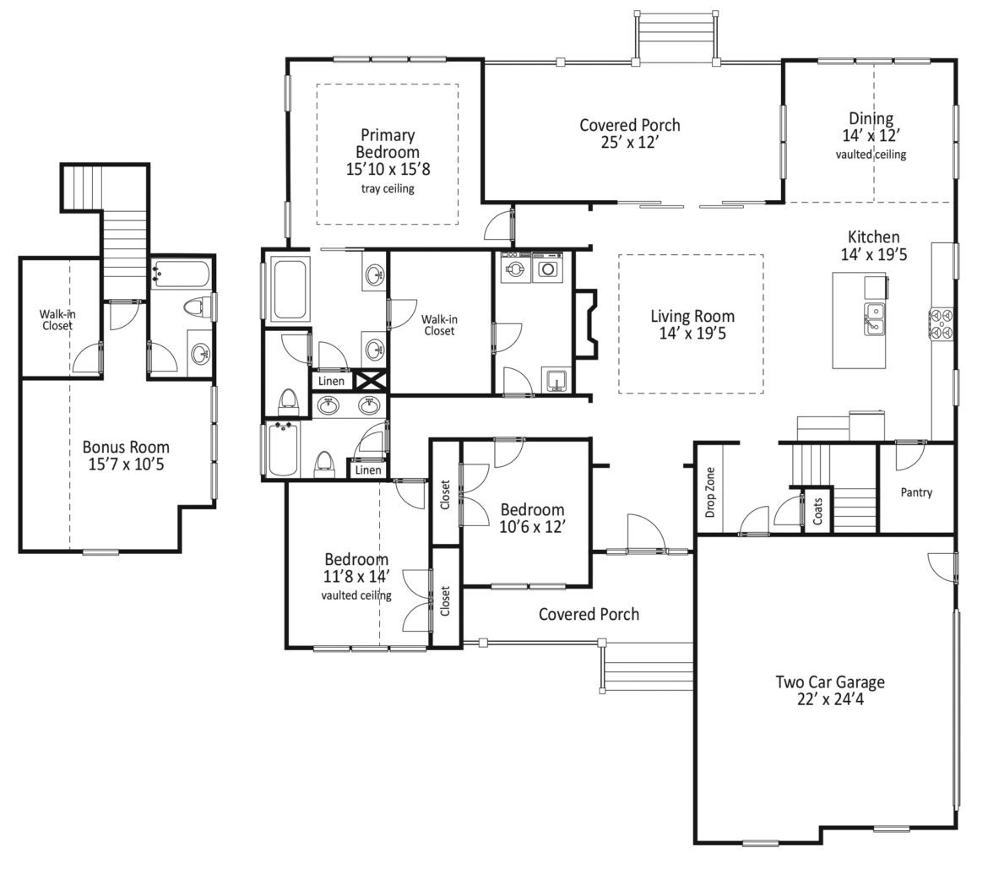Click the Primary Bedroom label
pos(388,144)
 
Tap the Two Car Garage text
pos(830,682)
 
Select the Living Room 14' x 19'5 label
pos(692,324)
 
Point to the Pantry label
pos(916,492)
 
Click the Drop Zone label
pos(710,492)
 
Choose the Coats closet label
pos(817,511)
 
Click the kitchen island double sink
pos(874,319)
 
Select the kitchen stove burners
pos(942,324)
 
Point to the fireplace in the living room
pos(584,324)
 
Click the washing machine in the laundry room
pos(516,268)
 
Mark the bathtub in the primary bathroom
pos(290,288)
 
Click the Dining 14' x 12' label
pos(871,127)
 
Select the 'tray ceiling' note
pos(388,188)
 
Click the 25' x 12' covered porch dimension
pos(629,143)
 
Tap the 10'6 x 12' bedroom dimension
pos(532,527)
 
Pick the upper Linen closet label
pos(331,381)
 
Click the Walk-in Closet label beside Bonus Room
pos(57,319)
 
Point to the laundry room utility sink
pos(556,381)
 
